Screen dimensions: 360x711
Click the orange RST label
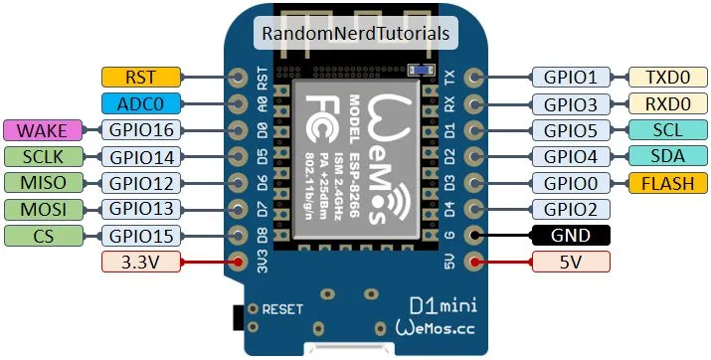(x=140, y=77)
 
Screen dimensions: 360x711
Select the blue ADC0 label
(x=140, y=102)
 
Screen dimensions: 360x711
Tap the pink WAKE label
(x=48, y=129)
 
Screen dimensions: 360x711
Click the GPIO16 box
(x=140, y=129)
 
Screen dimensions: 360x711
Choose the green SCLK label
(x=48, y=156)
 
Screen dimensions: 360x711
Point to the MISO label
(x=48, y=182)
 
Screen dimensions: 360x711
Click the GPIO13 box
(x=140, y=209)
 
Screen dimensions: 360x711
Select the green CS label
(x=48, y=236)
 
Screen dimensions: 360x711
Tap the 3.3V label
(x=140, y=263)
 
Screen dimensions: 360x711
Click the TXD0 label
(x=667, y=77)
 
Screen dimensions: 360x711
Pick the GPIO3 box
(x=572, y=102)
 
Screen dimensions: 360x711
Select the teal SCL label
(x=667, y=129)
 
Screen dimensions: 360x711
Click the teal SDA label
(x=667, y=156)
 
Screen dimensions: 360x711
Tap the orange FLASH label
(x=667, y=182)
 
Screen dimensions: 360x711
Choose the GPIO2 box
(x=572, y=209)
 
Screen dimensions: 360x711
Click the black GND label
(x=572, y=236)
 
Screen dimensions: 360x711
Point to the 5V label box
(x=572, y=263)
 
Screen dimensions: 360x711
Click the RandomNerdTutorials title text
(x=356, y=33)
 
